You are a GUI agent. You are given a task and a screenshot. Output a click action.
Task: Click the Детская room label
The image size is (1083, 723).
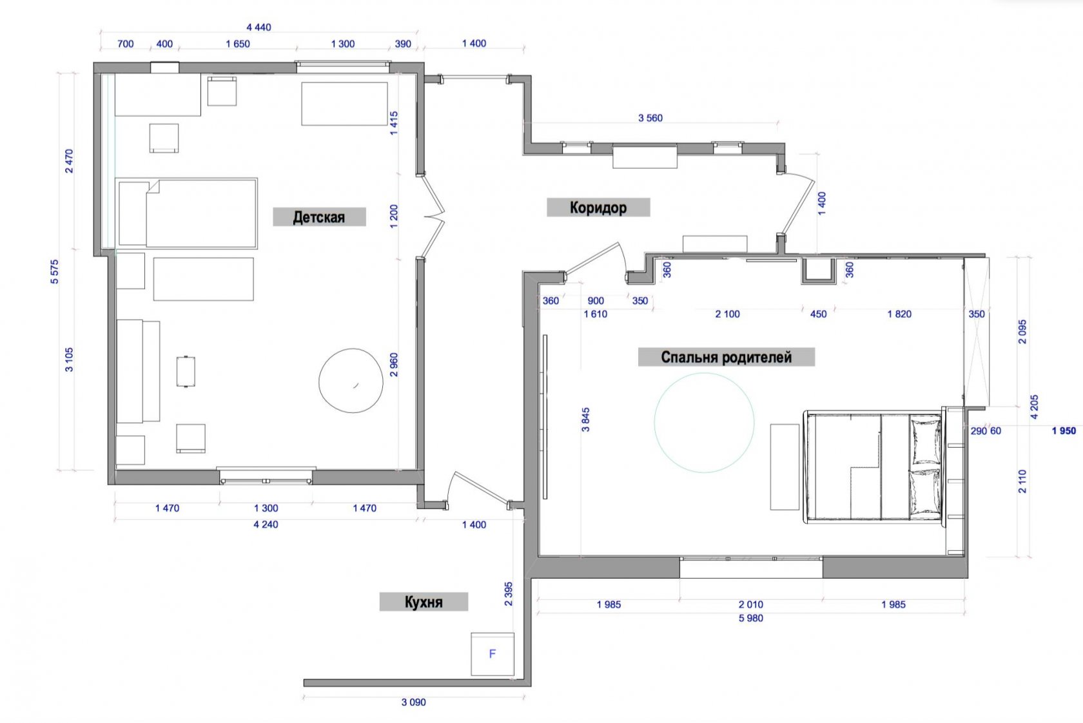click(x=319, y=217)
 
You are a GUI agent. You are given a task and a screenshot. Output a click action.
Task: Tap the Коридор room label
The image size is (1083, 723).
click(x=598, y=207)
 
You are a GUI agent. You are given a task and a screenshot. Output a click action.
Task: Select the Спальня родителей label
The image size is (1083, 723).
click(x=726, y=357)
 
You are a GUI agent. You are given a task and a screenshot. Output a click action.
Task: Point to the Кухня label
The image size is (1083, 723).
click(x=424, y=602)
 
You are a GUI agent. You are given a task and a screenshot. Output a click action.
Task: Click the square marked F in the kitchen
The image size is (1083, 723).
click(x=493, y=654)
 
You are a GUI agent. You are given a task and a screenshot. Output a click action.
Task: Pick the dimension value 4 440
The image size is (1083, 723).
click(x=259, y=27)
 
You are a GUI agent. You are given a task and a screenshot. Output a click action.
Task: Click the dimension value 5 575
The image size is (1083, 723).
click(x=55, y=272)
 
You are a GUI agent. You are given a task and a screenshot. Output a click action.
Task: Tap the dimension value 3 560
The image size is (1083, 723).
click(x=650, y=118)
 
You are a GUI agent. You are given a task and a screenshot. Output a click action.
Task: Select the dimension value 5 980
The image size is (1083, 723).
click(x=751, y=618)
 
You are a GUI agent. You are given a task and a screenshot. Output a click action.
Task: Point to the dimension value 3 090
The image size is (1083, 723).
click(x=414, y=702)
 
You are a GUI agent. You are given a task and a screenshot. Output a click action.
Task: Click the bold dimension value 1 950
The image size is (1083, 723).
click(x=1064, y=430)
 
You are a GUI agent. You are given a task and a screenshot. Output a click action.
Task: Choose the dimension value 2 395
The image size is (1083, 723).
click(x=508, y=594)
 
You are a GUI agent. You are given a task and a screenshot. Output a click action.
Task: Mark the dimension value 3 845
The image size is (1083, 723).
click(x=585, y=419)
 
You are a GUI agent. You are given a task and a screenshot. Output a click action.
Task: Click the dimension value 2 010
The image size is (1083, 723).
click(x=751, y=604)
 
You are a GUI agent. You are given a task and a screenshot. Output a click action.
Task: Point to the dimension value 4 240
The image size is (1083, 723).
click(x=266, y=525)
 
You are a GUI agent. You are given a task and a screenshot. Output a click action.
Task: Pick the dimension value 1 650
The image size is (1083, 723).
click(x=238, y=44)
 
